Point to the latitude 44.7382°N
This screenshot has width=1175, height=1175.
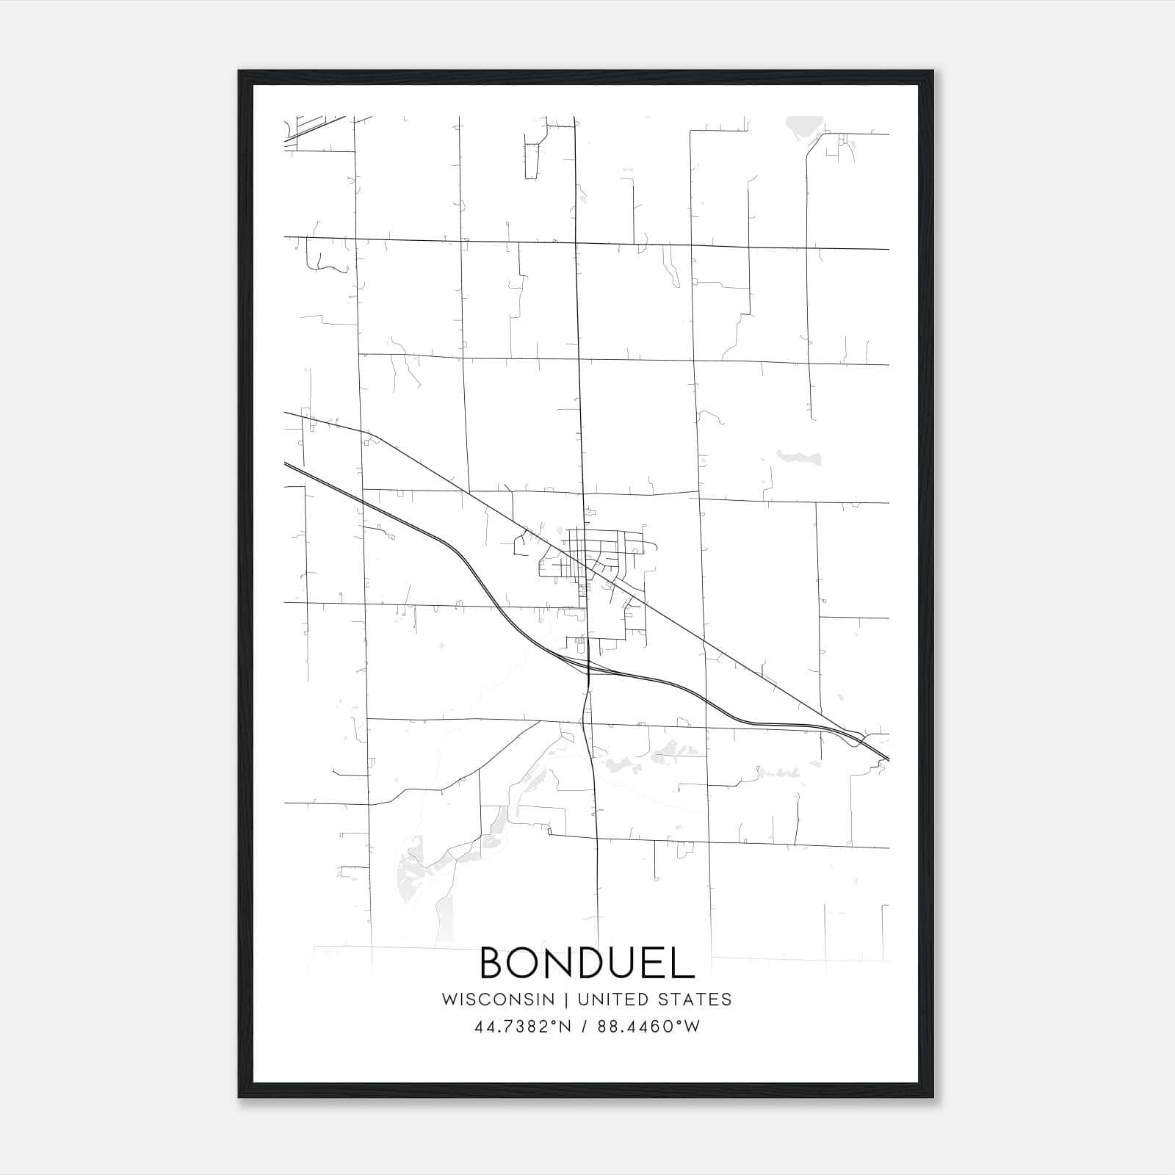[522, 1027]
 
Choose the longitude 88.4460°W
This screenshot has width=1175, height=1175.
[649, 1027]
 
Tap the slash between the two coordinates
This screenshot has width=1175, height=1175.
[585, 1027]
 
